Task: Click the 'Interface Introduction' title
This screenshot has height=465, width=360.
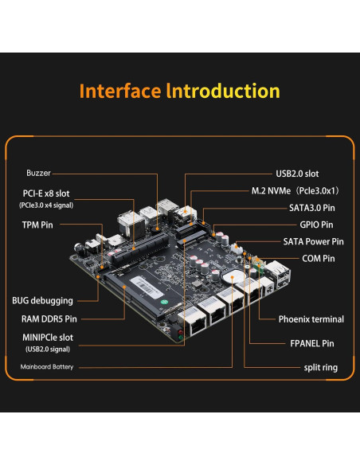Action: coord(179,91)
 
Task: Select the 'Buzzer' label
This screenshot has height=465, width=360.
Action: coord(38,173)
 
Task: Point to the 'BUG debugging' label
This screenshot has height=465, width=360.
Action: coord(42,301)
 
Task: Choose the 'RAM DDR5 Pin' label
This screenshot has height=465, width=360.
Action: coord(44,318)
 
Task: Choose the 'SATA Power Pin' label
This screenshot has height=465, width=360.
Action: coord(313,241)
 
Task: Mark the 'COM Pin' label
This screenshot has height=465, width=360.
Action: coord(319,258)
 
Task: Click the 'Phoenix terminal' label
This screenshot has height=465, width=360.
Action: coord(311,319)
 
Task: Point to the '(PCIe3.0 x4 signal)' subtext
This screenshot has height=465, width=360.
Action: coord(45,205)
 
